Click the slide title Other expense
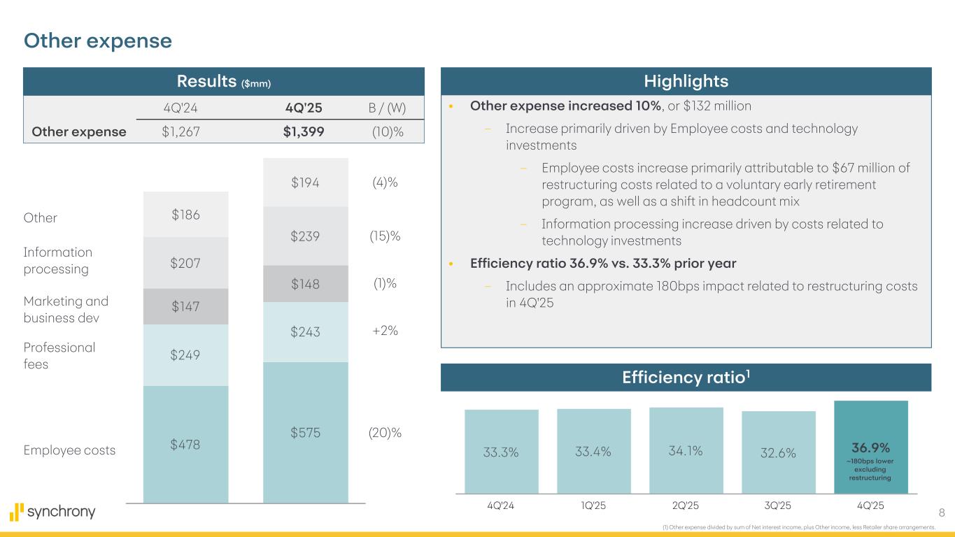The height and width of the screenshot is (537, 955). point(98,41)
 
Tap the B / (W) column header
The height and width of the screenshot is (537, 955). point(387,108)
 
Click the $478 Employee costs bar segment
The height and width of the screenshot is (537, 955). point(185,444)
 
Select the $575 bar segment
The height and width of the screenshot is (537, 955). point(305,432)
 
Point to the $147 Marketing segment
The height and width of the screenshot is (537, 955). point(185,306)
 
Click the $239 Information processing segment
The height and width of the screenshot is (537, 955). point(305,236)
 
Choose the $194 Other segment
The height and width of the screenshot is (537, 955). point(305,182)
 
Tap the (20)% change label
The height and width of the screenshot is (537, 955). point(385,433)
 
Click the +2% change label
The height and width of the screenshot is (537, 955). point(384,331)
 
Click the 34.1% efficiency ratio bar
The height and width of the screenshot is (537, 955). point(686,451)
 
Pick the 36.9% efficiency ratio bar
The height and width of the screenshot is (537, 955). point(870,451)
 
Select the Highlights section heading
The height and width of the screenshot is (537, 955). point(686,81)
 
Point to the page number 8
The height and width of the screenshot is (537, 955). point(942,513)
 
